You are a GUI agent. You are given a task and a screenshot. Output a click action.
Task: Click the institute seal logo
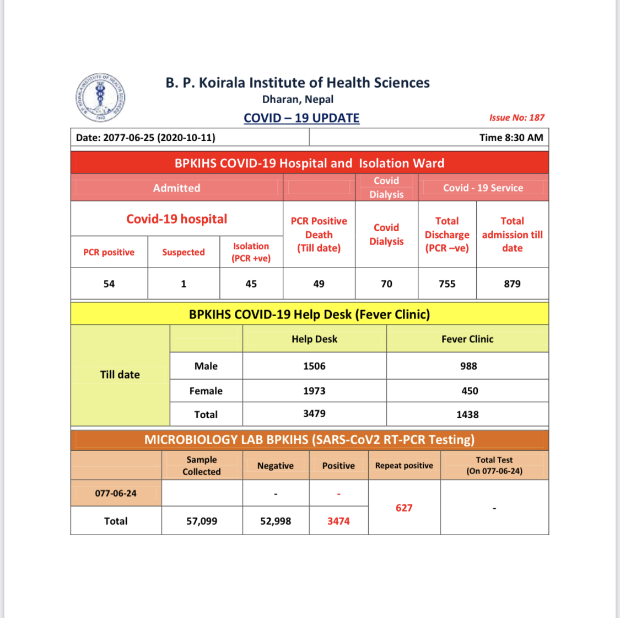pyautogui.click(x=100, y=98)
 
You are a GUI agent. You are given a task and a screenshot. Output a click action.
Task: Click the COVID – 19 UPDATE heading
pyautogui.click(x=301, y=118)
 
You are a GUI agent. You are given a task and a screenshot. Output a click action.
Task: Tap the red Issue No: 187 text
pyautogui.click(x=516, y=118)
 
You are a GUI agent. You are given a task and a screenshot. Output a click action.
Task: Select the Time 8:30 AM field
pyautogui.click(x=511, y=137)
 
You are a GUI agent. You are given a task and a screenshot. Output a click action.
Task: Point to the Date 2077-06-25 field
pyautogui.click(x=145, y=137)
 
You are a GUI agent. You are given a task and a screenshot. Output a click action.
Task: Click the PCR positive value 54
pyautogui.click(x=109, y=284)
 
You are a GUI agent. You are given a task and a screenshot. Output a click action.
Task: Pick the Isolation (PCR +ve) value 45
pyautogui.click(x=251, y=284)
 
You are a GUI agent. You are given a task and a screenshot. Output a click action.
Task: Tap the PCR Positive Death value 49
pyautogui.click(x=319, y=284)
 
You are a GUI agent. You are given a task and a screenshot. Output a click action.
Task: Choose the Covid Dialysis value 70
pyautogui.click(x=386, y=284)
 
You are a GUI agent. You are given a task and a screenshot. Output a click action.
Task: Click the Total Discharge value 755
pyautogui.click(x=447, y=284)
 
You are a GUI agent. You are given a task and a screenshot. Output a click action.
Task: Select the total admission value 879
pyautogui.click(x=512, y=284)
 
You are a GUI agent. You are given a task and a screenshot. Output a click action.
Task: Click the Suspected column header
pyautogui.click(x=184, y=252)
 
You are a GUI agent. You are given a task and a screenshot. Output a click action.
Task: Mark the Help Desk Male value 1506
pyautogui.click(x=314, y=366)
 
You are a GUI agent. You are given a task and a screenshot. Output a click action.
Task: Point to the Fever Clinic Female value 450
pyautogui.click(x=470, y=391)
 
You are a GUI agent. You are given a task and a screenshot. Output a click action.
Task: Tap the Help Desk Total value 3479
pyautogui.click(x=314, y=413)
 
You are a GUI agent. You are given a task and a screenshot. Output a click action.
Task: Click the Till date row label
pyautogui.click(x=120, y=375)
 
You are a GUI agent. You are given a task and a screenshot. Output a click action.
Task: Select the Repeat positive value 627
pyautogui.click(x=404, y=508)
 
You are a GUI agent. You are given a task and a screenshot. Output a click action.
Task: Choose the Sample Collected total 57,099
pyautogui.click(x=202, y=521)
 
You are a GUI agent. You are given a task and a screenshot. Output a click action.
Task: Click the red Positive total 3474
pyautogui.click(x=338, y=521)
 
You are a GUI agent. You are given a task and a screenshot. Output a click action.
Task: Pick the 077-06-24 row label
pyautogui.click(x=116, y=493)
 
